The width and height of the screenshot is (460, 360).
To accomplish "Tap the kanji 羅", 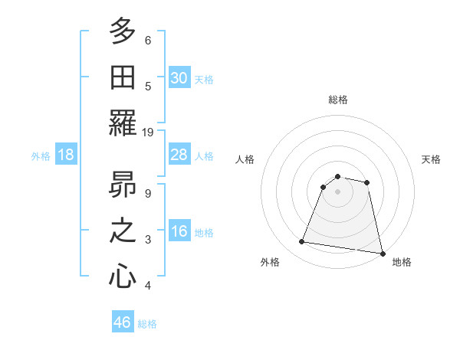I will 123,123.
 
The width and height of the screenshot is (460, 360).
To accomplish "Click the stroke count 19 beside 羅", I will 149,132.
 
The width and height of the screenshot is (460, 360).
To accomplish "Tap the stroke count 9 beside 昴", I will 148,193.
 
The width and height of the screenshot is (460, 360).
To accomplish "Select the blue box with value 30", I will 179,77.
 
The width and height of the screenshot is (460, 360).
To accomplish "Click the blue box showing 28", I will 179,155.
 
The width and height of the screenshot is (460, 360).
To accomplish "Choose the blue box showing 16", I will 179,232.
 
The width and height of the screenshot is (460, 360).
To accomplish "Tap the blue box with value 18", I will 66,155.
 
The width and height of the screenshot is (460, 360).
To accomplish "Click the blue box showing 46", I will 123,322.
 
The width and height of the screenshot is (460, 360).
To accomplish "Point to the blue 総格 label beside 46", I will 147,324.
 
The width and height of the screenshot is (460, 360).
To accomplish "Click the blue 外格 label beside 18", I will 41,156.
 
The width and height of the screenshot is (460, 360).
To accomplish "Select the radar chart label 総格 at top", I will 337,100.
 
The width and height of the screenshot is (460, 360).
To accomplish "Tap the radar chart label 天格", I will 432,159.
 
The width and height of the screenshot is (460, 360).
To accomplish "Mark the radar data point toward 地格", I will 381,252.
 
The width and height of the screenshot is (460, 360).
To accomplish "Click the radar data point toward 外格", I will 302,242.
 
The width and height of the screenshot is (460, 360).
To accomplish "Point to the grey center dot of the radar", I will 337,191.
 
